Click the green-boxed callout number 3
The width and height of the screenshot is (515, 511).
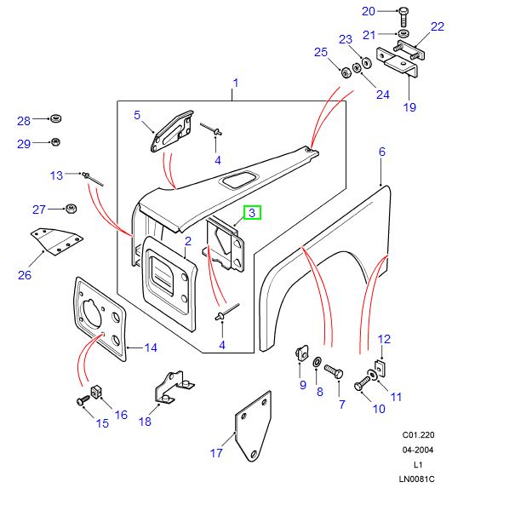click(253, 212)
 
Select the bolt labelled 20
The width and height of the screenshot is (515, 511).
click(404, 12)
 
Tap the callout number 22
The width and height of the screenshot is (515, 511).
click(437, 26)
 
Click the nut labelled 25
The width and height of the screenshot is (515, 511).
click(346, 72)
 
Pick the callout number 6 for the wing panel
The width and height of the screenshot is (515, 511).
click(382, 152)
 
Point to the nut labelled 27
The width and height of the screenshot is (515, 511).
click(71, 209)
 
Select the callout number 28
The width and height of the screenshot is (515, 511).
click(24, 120)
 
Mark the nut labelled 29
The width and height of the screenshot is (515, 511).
click(55, 141)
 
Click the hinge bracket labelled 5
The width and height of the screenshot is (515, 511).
click(169, 132)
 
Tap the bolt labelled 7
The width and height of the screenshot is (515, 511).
click(333, 373)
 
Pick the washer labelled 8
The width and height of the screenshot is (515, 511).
click(318, 364)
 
